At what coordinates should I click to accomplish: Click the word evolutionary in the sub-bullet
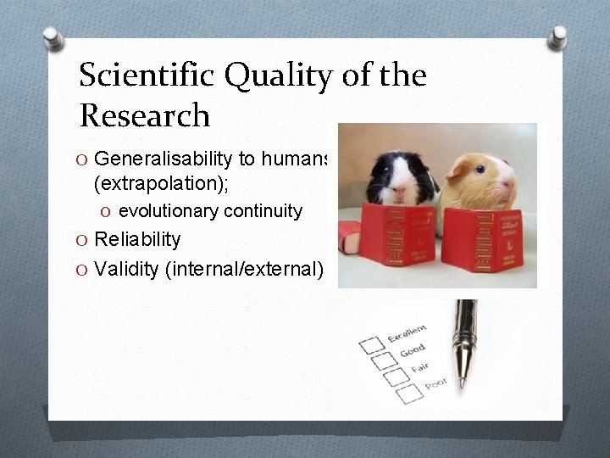pyautogui.click(x=167, y=211)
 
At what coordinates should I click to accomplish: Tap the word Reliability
pyautogui.click(x=137, y=240)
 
